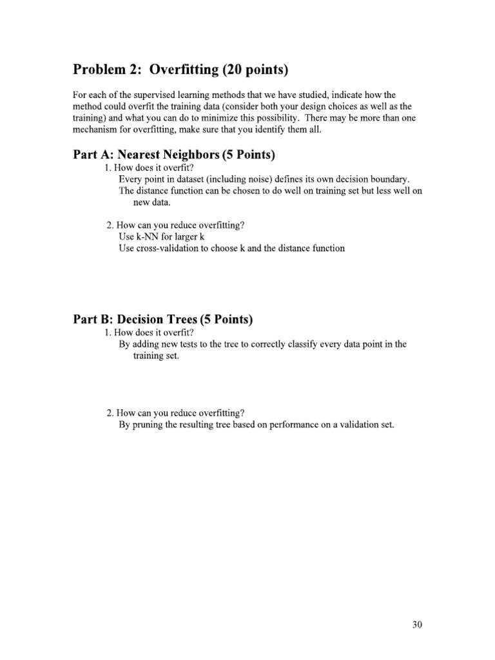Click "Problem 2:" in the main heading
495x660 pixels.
tap(106, 70)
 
